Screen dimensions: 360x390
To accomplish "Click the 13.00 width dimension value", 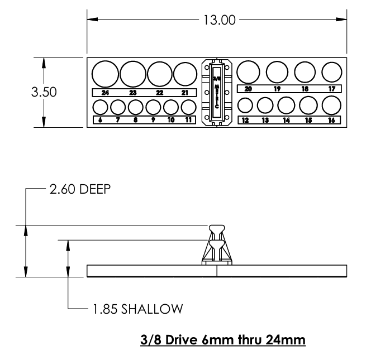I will [217, 20].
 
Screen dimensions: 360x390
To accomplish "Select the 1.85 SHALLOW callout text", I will [134, 308].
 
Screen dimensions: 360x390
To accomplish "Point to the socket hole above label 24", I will [105, 74].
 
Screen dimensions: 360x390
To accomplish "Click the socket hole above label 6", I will [100, 107].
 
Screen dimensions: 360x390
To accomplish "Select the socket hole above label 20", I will [248, 73].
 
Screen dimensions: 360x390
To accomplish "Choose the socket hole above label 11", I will [188, 107].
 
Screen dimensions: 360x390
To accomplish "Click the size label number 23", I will [133, 93].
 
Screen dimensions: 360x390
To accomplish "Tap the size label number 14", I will [286, 120].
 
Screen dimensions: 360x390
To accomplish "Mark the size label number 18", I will [305, 89].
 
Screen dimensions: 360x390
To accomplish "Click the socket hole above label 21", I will [184, 74].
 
